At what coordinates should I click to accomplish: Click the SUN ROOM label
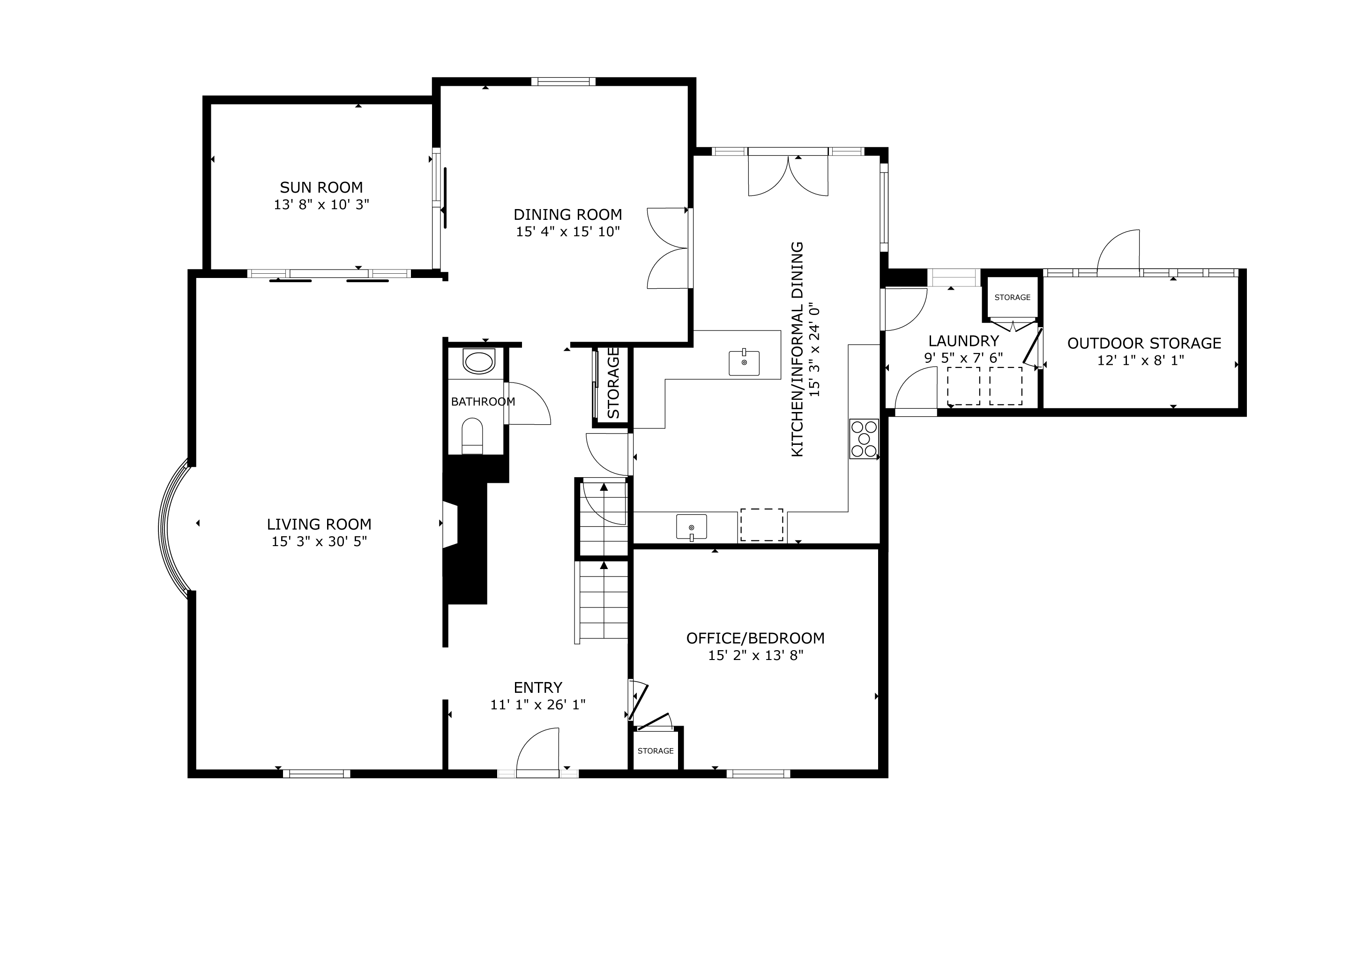(x=321, y=187)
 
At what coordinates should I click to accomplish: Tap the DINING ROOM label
(x=567, y=215)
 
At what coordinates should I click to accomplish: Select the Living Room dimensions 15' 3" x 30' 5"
(x=319, y=541)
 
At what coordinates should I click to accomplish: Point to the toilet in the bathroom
(x=472, y=435)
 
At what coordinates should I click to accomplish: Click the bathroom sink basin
(x=479, y=362)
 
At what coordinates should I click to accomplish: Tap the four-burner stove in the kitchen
(x=864, y=439)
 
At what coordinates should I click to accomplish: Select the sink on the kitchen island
(x=744, y=362)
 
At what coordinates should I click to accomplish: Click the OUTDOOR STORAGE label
(x=1144, y=344)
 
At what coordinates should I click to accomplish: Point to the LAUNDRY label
(x=963, y=341)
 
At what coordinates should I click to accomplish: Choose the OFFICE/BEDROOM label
(x=755, y=638)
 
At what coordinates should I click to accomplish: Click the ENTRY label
(x=538, y=688)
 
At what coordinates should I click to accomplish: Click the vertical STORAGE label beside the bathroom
(x=613, y=383)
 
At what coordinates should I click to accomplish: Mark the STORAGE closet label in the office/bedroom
(x=656, y=751)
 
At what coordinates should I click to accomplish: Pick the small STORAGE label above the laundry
(x=1013, y=297)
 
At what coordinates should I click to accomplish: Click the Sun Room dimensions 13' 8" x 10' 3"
(x=321, y=204)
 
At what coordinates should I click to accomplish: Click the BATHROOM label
(x=483, y=402)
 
